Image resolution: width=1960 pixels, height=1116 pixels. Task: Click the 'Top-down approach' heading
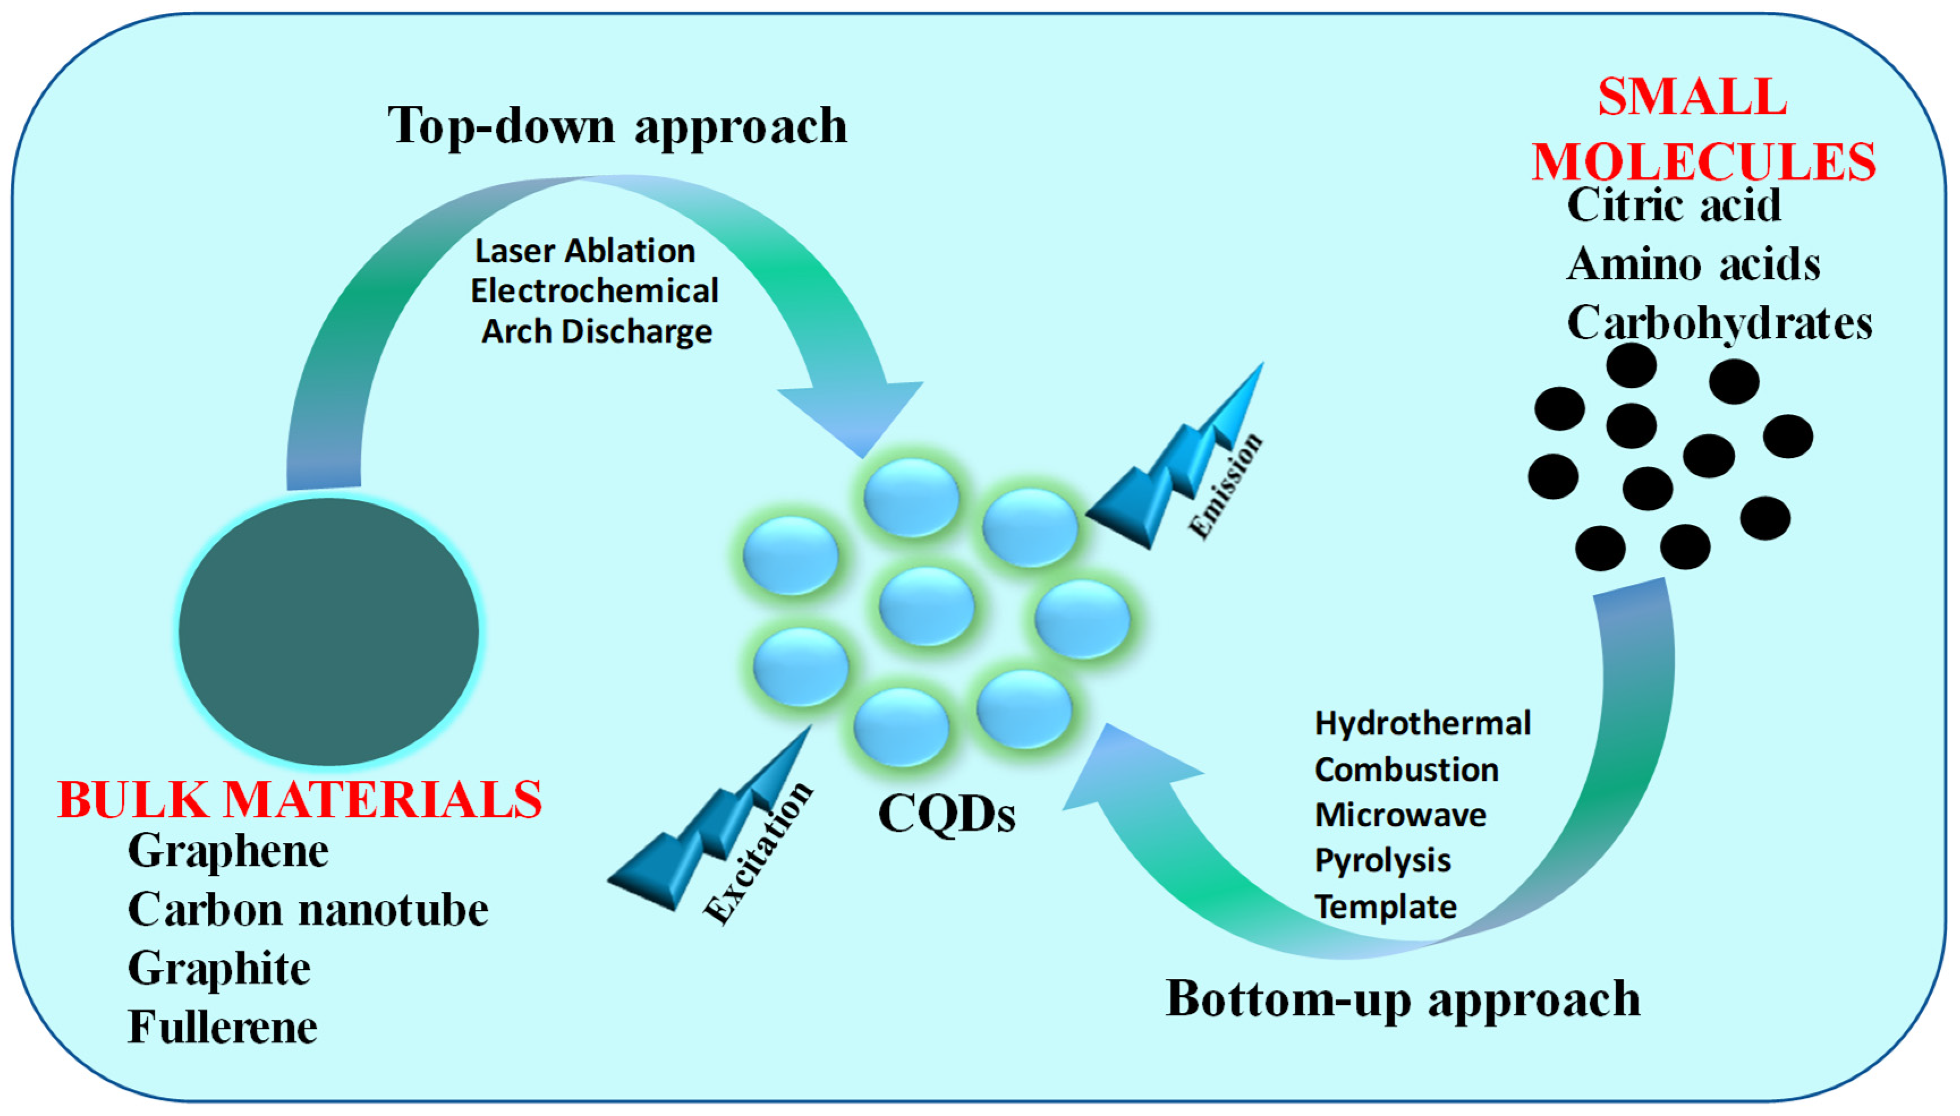click(617, 125)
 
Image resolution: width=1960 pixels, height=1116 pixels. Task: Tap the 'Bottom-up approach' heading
click(1402, 999)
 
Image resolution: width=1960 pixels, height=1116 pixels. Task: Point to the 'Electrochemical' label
click(594, 291)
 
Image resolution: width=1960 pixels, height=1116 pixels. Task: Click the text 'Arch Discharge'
click(597, 332)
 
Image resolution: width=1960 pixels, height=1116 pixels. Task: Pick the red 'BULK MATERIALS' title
click(300, 799)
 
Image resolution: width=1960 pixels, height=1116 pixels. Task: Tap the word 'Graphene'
click(228, 851)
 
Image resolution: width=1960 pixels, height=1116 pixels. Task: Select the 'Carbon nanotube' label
click(308, 910)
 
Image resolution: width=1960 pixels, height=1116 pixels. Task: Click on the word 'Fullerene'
click(222, 1027)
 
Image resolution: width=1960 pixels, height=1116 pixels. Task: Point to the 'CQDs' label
click(946, 814)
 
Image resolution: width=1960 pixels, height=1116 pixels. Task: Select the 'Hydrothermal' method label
click(1422, 724)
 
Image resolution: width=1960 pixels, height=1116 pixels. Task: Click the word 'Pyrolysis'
click(1383, 860)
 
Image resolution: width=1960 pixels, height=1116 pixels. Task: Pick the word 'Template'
click(1385, 907)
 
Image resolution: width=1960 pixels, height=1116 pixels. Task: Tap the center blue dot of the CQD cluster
click(926, 605)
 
